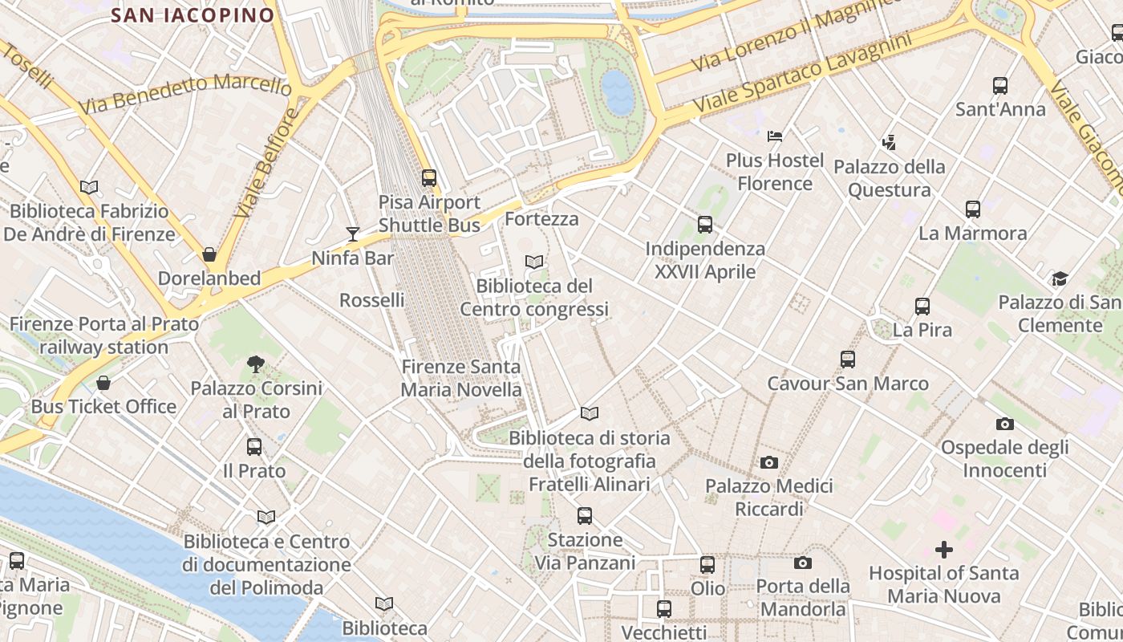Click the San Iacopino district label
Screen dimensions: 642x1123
192,14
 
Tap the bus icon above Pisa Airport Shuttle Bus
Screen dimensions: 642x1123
429,178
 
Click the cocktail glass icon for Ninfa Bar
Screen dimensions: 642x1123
353,234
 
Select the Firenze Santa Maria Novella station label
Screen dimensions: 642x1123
461,378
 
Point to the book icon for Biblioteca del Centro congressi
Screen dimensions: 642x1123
533,262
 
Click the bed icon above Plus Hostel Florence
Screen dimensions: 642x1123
774,136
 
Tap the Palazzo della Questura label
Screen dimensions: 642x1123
889,178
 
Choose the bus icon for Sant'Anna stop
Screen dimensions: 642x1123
999,86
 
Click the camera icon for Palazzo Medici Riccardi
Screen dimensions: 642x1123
768,463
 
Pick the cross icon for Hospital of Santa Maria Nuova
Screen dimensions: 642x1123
944,550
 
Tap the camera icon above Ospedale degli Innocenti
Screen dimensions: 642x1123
1004,424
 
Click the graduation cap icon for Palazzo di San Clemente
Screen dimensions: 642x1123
1060,279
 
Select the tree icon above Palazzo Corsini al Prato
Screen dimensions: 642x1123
256,364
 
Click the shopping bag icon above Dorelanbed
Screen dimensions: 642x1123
209,254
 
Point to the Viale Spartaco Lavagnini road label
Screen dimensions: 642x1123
803,74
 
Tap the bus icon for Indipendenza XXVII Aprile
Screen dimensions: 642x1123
705,225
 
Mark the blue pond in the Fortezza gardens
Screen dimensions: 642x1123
618,91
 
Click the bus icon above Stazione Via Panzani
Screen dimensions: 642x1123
585,516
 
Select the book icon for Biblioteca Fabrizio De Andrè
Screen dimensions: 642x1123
89,188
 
